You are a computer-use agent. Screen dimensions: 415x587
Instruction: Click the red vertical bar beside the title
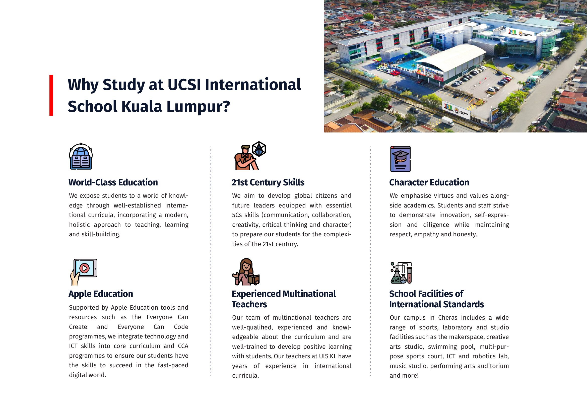click(x=51, y=95)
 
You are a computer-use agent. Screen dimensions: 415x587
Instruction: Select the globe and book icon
click(x=81, y=156)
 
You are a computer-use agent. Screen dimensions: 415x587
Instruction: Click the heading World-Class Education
click(x=113, y=182)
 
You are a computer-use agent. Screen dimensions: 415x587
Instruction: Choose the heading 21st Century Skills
click(x=268, y=182)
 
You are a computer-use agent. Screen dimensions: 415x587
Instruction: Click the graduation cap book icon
click(x=400, y=159)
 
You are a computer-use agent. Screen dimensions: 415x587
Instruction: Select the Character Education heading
click(x=429, y=182)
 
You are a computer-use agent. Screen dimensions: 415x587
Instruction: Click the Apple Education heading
click(x=101, y=294)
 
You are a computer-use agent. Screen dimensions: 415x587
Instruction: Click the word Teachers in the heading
click(x=249, y=305)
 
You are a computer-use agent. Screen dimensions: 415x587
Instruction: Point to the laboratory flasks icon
click(x=401, y=273)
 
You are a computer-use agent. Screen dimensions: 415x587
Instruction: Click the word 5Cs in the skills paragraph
click(x=237, y=215)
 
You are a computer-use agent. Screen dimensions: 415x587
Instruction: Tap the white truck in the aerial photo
click(x=447, y=121)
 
